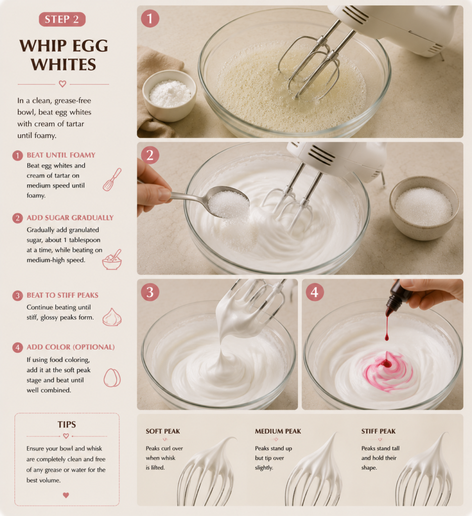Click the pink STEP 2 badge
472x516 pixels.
pyautogui.click(x=62, y=20)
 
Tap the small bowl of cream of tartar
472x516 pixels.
pyautogui.click(x=169, y=95)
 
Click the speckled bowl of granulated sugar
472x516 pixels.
pyautogui.click(x=424, y=208)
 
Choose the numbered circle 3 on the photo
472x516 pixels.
pyautogui.click(x=150, y=292)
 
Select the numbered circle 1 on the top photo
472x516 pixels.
pyautogui.click(x=150, y=19)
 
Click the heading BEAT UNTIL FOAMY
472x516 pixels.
pyautogui.click(x=61, y=155)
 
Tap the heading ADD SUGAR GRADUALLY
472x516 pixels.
pyautogui.click(x=70, y=218)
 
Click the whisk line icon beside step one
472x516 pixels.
pyautogui.click(x=112, y=180)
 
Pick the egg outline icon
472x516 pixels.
pyautogui.click(x=112, y=378)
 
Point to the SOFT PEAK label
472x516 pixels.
pyautogui.click(x=163, y=431)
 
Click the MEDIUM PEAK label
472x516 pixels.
pyautogui.click(x=278, y=431)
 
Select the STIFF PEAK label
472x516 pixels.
pyautogui.click(x=378, y=431)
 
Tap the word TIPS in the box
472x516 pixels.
pyautogui.click(x=67, y=424)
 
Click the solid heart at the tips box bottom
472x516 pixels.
pyautogui.click(x=66, y=495)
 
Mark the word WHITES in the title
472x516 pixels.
pyautogui.click(x=64, y=64)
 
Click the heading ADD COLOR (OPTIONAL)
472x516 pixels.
pyautogui.click(x=71, y=347)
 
